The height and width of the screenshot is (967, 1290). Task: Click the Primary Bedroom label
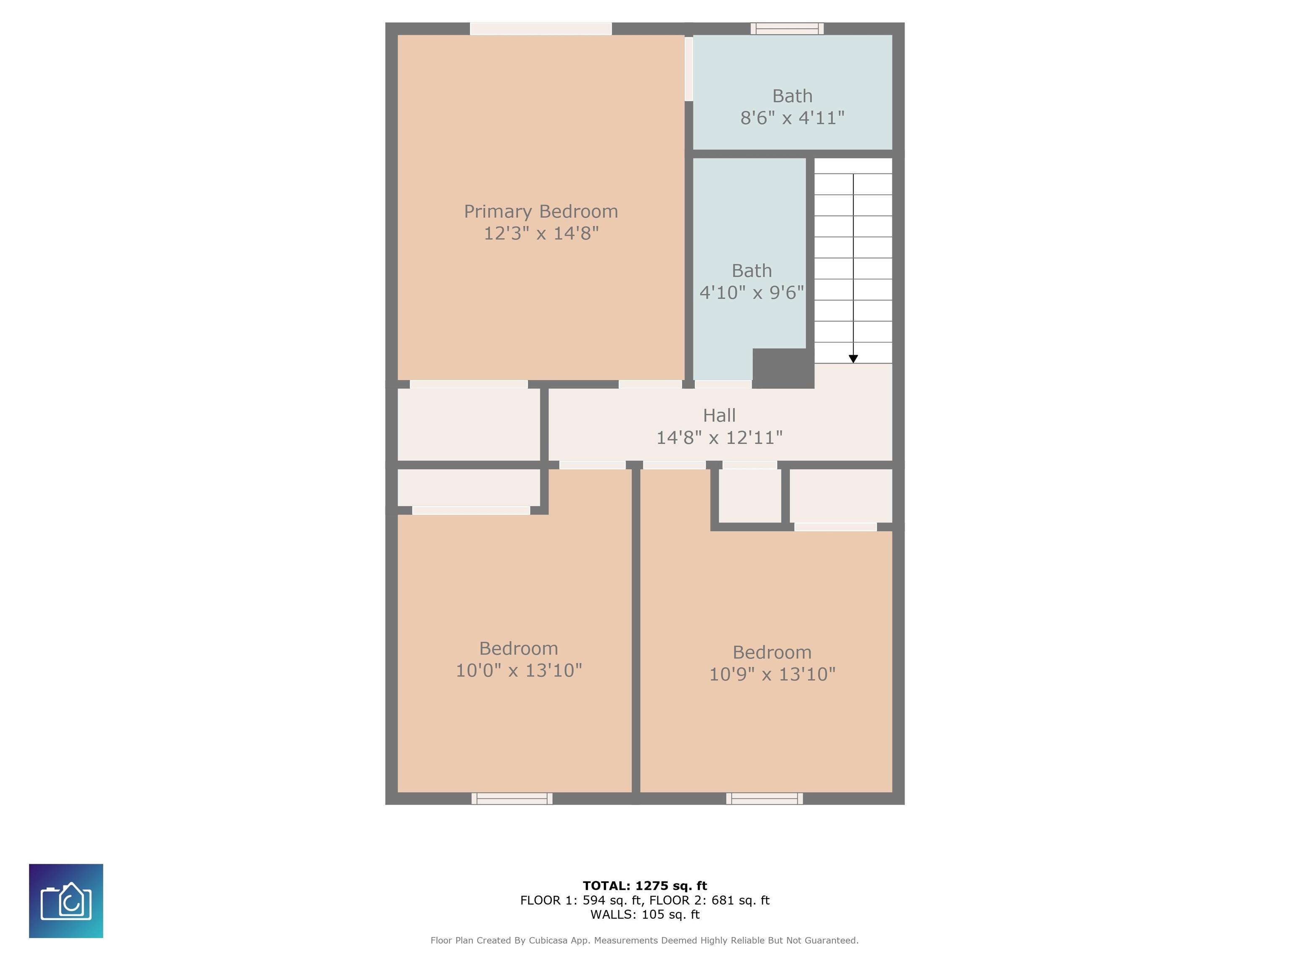(540, 212)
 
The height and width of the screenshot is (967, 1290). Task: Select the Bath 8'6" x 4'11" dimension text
(792, 118)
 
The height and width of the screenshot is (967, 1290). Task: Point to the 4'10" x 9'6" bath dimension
(752, 292)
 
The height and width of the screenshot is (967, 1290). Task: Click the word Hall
(719, 416)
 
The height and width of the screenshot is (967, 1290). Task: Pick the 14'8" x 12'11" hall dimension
(719, 437)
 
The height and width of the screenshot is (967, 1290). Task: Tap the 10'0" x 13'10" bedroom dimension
(519, 670)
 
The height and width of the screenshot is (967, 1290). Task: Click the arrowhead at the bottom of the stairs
(853, 359)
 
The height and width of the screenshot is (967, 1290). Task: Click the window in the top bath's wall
(787, 29)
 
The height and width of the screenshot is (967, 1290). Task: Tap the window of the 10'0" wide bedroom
(511, 799)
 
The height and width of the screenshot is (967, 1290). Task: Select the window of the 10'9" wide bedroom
(764, 799)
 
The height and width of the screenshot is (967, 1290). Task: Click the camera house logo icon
(66, 901)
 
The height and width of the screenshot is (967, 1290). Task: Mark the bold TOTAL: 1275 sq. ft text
(645, 886)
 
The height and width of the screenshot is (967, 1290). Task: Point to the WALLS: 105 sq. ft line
(645, 915)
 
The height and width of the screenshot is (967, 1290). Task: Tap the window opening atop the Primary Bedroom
(540, 29)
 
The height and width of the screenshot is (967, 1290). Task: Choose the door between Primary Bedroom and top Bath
(689, 69)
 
